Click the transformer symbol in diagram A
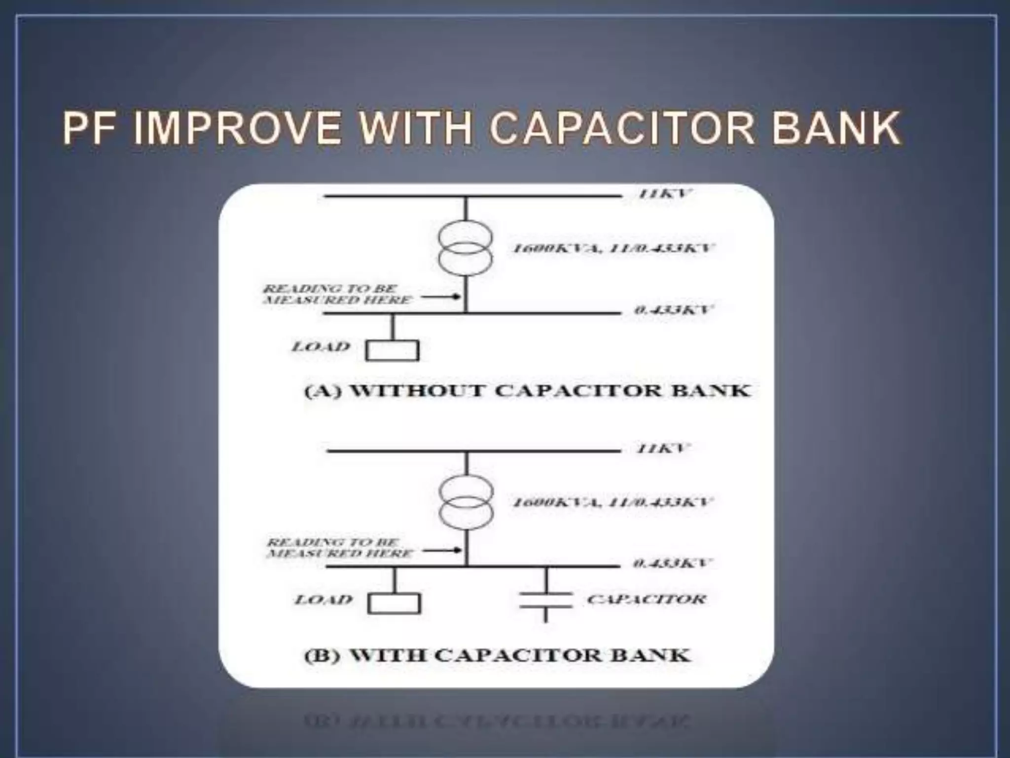(x=466, y=247)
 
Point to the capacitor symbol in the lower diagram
(x=545, y=600)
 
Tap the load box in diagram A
(x=392, y=351)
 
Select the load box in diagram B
(x=394, y=604)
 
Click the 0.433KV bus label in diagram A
(x=673, y=310)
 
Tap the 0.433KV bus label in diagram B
(x=672, y=563)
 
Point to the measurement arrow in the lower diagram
(x=442, y=550)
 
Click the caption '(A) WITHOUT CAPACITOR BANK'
(x=527, y=390)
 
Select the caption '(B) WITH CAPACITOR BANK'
(x=497, y=655)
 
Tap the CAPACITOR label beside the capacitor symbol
(x=647, y=600)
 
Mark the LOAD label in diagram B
(x=324, y=600)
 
